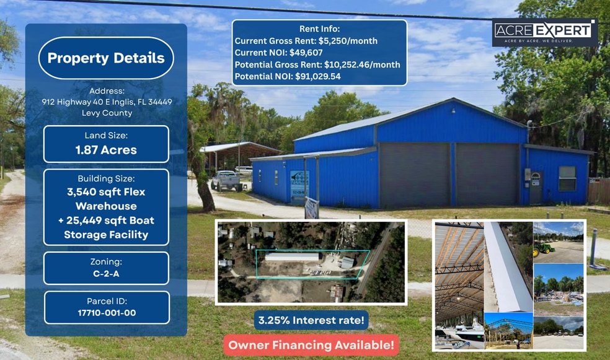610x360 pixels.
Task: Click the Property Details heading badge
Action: pyautogui.click(x=106, y=58)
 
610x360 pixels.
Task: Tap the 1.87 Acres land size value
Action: pyautogui.click(x=106, y=150)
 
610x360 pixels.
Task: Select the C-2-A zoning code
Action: pyautogui.click(x=106, y=274)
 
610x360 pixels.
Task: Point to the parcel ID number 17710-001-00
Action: pyautogui.click(x=106, y=313)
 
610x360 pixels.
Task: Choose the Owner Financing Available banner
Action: pyautogui.click(x=311, y=345)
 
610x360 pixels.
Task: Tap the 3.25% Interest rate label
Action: pyautogui.click(x=311, y=320)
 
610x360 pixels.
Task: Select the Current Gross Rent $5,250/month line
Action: pyautogui.click(x=306, y=41)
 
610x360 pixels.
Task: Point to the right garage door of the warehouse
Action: pyautogui.click(x=487, y=175)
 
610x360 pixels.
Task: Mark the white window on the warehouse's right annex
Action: pyautogui.click(x=567, y=178)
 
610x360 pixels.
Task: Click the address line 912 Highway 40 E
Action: pyautogui.click(x=107, y=102)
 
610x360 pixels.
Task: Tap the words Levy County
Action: pyautogui.click(x=107, y=113)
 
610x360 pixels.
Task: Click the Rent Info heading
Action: pyautogui.click(x=319, y=29)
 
